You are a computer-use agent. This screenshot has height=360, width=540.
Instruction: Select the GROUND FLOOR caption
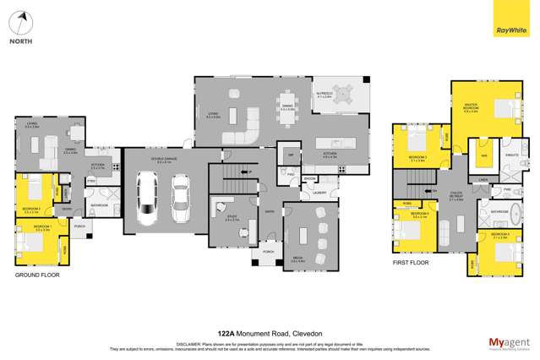[38, 275]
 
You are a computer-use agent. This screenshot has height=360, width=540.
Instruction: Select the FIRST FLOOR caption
[410, 263]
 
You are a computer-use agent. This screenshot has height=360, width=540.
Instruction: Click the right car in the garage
[180, 195]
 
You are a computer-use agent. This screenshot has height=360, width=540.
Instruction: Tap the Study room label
[231, 219]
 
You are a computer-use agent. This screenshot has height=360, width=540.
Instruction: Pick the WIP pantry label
[290, 157]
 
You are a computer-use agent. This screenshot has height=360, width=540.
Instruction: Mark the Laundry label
[319, 193]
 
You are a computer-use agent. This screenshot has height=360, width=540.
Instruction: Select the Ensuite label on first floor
[510, 155]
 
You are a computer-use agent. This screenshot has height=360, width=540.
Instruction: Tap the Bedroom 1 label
[41, 227]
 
